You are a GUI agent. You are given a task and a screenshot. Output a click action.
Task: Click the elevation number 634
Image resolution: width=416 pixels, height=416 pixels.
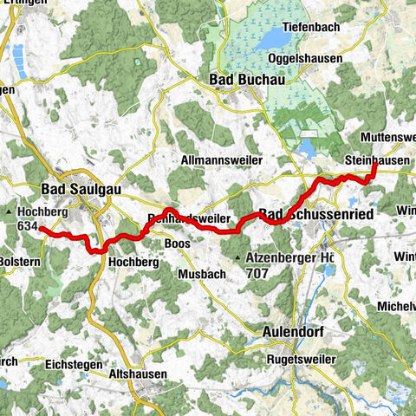click(x=29, y=226)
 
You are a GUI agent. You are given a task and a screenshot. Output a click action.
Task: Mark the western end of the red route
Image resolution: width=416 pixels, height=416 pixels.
click(x=41, y=228)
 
